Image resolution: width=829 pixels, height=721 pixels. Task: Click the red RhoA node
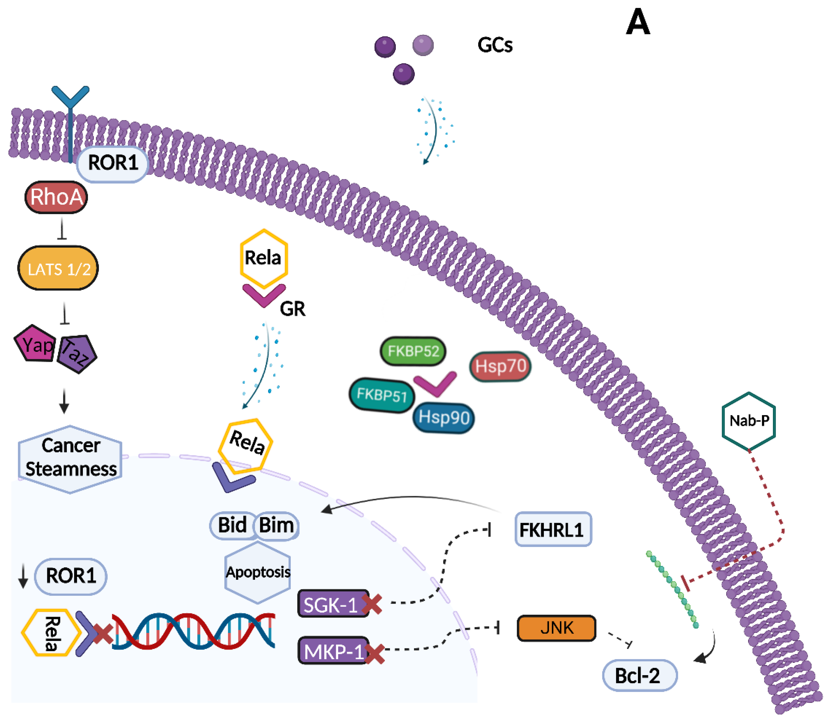[56, 197]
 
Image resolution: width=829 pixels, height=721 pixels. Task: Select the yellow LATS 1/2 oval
[58, 268]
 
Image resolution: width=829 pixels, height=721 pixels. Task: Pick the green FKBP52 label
[413, 351]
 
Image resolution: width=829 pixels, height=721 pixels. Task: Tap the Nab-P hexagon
[748, 421]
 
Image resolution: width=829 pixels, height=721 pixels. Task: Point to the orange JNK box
[556, 628]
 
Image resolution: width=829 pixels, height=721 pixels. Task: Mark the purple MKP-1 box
[333, 651]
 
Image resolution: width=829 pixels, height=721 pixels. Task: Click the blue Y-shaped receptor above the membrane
[70, 98]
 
